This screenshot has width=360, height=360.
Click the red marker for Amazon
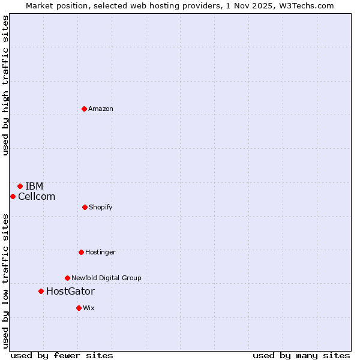tap(84, 109)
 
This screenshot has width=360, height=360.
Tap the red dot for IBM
tap(20, 186)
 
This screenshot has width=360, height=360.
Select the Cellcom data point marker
tap(13, 196)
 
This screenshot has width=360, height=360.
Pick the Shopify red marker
tap(85, 207)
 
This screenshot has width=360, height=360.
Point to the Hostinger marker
tap(81, 252)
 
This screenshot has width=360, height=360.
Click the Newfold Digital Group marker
tap(67, 278)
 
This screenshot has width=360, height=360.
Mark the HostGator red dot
tap(41, 291)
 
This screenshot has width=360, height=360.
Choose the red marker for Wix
tap(79, 308)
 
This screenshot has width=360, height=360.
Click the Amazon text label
tap(101, 109)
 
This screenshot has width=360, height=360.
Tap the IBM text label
tap(34, 186)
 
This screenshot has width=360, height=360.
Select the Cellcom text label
tap(37, 196)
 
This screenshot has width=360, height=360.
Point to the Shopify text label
tap(101, 207)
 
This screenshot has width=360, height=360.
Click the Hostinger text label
tap(100, 252)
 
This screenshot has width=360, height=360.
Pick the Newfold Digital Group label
tap(106, 278)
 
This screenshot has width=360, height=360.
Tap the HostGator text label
tap(70, 292)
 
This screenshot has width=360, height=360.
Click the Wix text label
tap(89, 308)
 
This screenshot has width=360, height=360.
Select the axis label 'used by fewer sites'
tap(62, 355)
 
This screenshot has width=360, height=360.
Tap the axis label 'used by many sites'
tap(301, 355)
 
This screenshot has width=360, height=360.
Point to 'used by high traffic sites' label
tap(5, 86)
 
